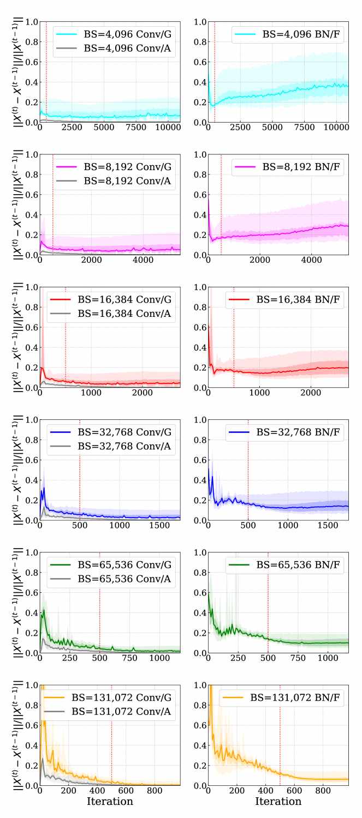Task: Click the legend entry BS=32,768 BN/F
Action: click(x=294, y=432)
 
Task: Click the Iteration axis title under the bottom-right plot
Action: click(x=278, y=802)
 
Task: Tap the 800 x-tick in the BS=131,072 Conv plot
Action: click(x=155, y=791)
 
